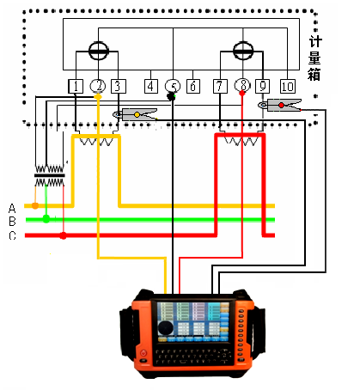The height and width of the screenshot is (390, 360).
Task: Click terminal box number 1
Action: tap(76, 86)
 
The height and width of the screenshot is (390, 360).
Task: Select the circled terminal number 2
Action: tap(98, 86)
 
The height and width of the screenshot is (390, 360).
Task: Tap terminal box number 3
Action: tap(119, 86)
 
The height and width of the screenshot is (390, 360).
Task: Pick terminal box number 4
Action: tap(151, 86)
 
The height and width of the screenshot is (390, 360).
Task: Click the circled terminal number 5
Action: tap(173, 86)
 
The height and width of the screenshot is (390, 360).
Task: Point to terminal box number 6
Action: tap(193, 86)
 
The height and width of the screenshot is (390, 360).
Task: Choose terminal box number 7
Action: tap(220, 86)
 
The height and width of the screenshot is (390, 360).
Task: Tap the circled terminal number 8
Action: tap(242, 85)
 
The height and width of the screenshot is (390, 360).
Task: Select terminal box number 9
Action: tap(262, 86)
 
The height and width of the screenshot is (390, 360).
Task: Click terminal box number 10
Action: tap(288, 86)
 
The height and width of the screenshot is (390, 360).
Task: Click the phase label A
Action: tap(12, 209)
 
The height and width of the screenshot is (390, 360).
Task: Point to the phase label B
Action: tap(12, 222)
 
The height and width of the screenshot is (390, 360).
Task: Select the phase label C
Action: tap(12, 235)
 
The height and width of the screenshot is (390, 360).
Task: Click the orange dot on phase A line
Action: tap(35, 205)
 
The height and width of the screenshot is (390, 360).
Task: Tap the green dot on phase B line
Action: tap(46, 219)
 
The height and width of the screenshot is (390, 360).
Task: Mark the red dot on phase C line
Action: tap(63, 235)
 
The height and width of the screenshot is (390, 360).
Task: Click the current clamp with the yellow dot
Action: tap(135, 114)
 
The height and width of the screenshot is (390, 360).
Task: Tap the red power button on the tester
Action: tap(143, 353)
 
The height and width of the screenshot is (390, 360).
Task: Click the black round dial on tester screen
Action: tap(165, 328)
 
